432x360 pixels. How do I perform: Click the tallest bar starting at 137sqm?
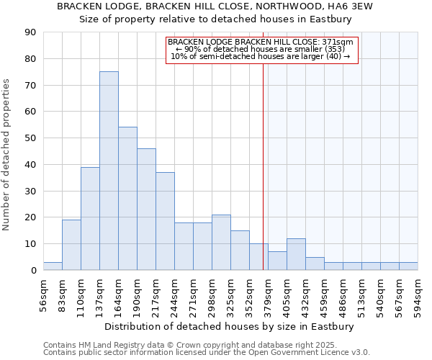point(109,171)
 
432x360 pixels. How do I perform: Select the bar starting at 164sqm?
point(127,199)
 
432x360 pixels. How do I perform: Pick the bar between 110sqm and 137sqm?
point(90,218)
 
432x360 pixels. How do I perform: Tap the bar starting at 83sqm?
point(71,245)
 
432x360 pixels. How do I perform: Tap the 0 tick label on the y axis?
point(33,271)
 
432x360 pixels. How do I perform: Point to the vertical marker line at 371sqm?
point(263,158)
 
